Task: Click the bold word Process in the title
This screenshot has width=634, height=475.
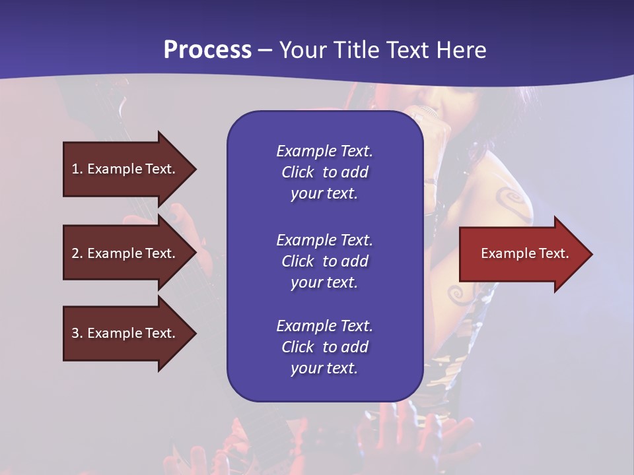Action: (x=207, y=50)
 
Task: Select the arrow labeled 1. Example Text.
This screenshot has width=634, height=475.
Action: (x=125, y=169)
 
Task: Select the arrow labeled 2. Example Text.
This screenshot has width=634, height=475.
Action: (x=125, y=253)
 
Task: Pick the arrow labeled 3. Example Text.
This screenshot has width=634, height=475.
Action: (x=125, y=333)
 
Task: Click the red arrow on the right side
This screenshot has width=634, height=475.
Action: (x=522, y=254)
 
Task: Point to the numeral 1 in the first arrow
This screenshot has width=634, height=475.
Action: (x=75, y=169)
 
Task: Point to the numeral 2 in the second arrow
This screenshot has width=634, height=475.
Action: (x=75, y=253)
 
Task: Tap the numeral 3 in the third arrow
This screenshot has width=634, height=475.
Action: (x=75, y=333)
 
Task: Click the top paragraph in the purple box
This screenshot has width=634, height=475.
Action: (x=324, y=172)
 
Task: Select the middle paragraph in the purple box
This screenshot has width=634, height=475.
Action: (x=324, y=261)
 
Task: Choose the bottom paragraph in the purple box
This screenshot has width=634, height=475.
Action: (x=324, y=347)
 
